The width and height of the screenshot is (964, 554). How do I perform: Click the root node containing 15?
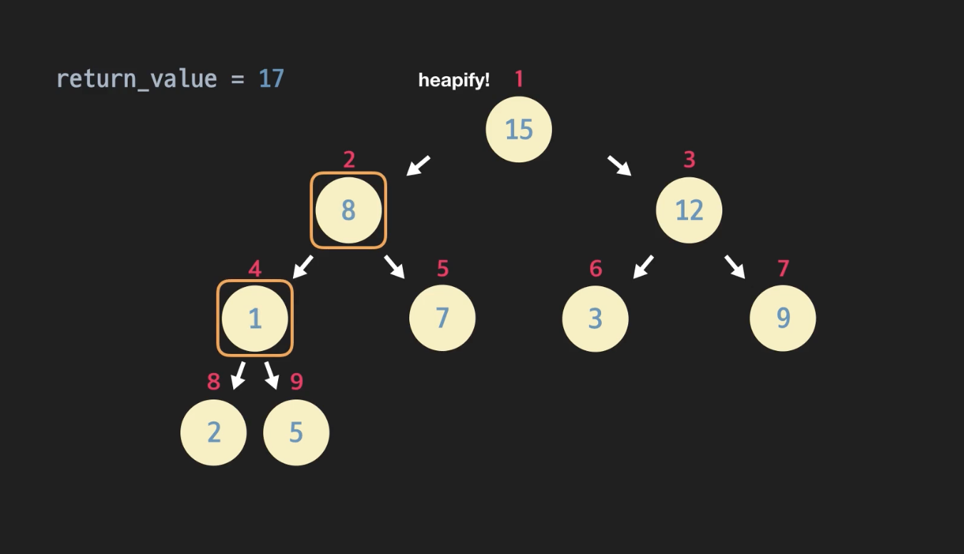pyautogui.click(x=518, y=130)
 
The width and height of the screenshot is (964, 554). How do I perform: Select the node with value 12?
pyautogui.click(x=689, y=210)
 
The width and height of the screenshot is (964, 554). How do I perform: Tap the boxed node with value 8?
pyautogui.click(x=348, y=210)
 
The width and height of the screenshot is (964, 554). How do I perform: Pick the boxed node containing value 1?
pyautogui.click(x=255, y=318)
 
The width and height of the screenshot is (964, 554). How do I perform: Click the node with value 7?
pyautogui.click(x=442, y=318)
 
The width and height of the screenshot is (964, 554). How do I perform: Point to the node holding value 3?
pyautogui.click(x=595, y=318)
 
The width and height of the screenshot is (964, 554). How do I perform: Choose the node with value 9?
pyautogui.click(x=782, y=318)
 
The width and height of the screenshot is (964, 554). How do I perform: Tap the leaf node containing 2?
pyautogui.click(x=213, y=432)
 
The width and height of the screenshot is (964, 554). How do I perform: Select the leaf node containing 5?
pyautogui.click(x=296, y=432)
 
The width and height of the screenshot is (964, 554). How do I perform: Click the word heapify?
pyautogui.click(x=453, y=80)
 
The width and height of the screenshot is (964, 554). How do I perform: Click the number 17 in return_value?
pyautogui.click(x=271, y=78)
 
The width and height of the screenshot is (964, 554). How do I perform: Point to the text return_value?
pyautogui.click(x=136, y=78)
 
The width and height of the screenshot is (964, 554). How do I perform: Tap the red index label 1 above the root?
pyautogui.click(x=519, y=78)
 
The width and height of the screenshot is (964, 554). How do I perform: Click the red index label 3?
pyautogui.click(x=689, y=160)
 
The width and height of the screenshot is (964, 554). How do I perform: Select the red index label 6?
pyautogui.click(x=595, y=268)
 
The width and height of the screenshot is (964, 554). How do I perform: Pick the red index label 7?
pyautogui.click(x=783, y=268)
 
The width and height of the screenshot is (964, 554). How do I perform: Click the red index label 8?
pyautogui.click(x=213, y=382)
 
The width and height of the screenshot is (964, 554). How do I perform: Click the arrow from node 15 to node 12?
pyautogui.click(x=619, y=165)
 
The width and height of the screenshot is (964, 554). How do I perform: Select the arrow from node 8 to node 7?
pyautogui.click(x=394, y=266)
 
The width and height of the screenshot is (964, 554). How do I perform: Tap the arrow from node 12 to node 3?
pyautogui.click(x=643, y=266)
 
